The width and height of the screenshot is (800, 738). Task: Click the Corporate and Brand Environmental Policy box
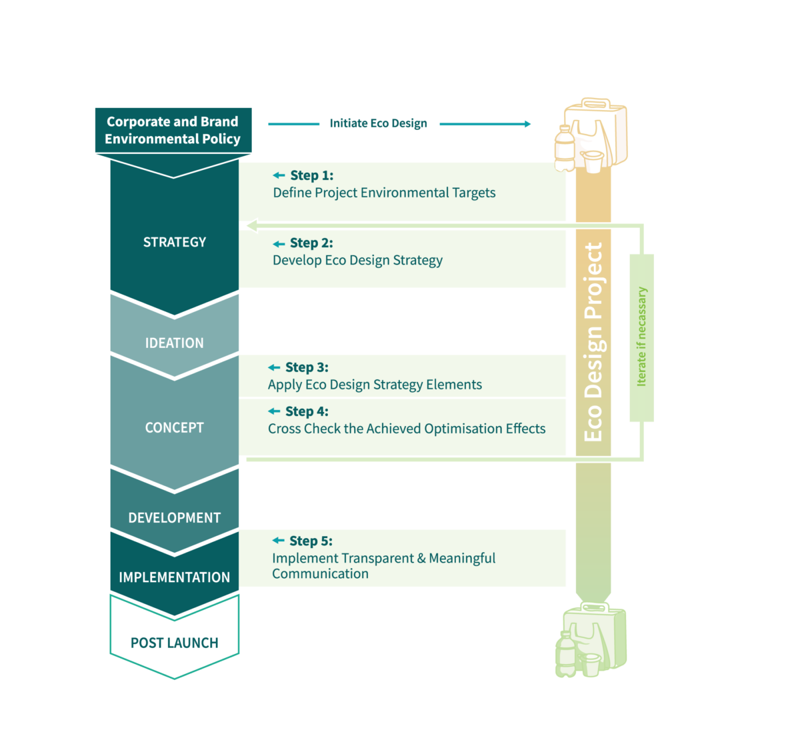(x=173, y=130)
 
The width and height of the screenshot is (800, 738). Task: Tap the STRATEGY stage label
(x=175, y=242)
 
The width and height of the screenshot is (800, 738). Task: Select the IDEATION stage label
(x=175, y=343)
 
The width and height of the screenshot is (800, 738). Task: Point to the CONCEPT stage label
(x=175, y=428)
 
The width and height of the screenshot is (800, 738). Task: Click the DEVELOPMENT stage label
(x=175, y=518)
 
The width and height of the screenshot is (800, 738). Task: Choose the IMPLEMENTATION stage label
(x=175, y=577)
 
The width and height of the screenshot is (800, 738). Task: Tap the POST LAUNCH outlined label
(x=175, y=643)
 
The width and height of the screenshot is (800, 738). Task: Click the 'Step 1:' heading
(x=311, y=175)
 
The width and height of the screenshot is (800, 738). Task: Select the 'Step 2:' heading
(x=311, y=243)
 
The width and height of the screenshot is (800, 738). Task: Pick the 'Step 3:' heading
(x=307, y=367)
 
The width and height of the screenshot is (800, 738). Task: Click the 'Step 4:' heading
(x=307, y=411)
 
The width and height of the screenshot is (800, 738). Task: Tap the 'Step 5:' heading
(x=311, y=541)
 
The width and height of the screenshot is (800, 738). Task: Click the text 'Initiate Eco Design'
(x=378, y=123)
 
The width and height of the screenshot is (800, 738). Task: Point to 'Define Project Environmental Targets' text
(x=384, y=193)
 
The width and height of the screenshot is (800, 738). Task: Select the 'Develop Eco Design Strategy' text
(x=357, y=261)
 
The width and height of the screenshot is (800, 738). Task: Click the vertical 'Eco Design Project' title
(x=593, y=341)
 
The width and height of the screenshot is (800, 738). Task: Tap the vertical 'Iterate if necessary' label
(x=642, y=337)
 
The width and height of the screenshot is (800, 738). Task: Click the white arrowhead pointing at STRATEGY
(x=250, y=226)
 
